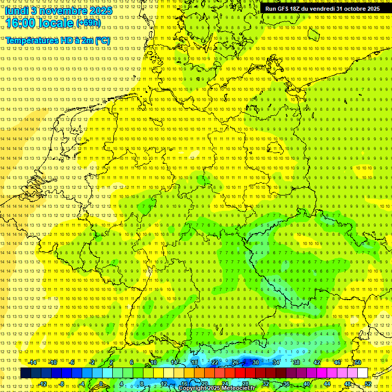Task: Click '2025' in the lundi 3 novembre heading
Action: [x=101, y=10]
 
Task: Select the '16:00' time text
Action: [x=21, y=22]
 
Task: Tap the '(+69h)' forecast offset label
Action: [x=88, y=23]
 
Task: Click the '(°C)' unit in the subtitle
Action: [x=102, y=40]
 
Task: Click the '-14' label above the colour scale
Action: [x=32, y=362]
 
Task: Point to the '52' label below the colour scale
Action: [x=368, y=384]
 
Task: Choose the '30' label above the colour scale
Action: [x=256, y=362]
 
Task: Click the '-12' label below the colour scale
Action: [x=42, y=384]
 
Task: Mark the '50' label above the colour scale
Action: [x=358, y=362]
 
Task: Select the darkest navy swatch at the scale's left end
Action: [x=26, y=373]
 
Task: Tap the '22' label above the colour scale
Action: [x=215, y=362]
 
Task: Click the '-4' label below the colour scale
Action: [x=82, y=384]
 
